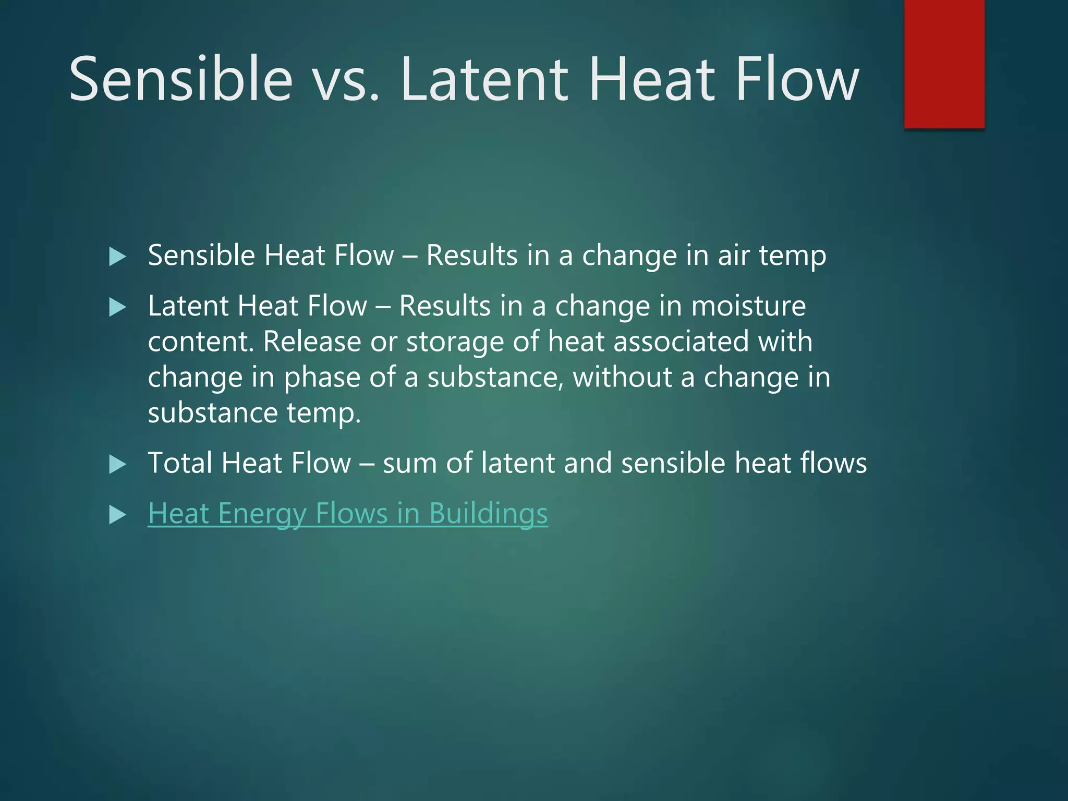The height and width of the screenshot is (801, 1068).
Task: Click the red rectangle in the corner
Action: coord(944,64)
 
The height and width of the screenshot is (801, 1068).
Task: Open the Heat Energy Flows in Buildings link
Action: coord(347,514)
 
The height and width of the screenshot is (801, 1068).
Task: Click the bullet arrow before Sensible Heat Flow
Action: coord(118,257)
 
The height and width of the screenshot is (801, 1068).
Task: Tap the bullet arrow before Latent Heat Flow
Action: coord(118,307)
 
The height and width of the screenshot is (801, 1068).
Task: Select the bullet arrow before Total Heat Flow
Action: coord(118,464)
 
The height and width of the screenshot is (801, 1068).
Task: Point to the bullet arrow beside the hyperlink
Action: coord(118,515)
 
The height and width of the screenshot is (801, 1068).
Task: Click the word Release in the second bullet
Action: coord(312,342)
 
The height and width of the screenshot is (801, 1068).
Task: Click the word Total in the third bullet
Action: coord(179,463)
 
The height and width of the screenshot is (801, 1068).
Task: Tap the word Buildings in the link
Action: coord(488,514)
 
